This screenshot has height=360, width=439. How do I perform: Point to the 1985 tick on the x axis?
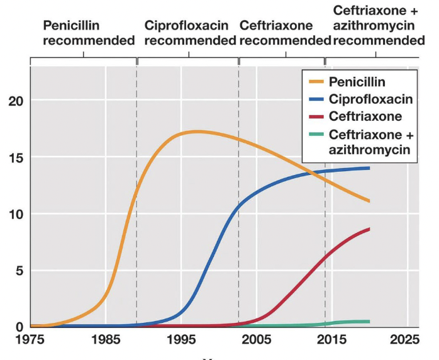click(105, 340)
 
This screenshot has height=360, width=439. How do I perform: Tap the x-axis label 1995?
click(181, 340)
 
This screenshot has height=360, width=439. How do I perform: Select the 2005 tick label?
click(257, 340)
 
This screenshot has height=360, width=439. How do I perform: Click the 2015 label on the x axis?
click(332, 340)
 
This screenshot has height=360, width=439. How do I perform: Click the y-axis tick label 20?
click(16, 101)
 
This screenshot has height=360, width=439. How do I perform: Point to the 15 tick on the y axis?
click(16, 157)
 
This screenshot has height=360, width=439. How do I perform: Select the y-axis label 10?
click(16, 214)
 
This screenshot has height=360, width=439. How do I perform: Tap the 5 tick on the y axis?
click(19, 271)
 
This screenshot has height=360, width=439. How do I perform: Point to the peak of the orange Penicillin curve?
click(197, 132)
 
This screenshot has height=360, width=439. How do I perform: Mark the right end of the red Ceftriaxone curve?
click(369, 229)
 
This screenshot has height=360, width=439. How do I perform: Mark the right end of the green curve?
click(369, 322)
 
